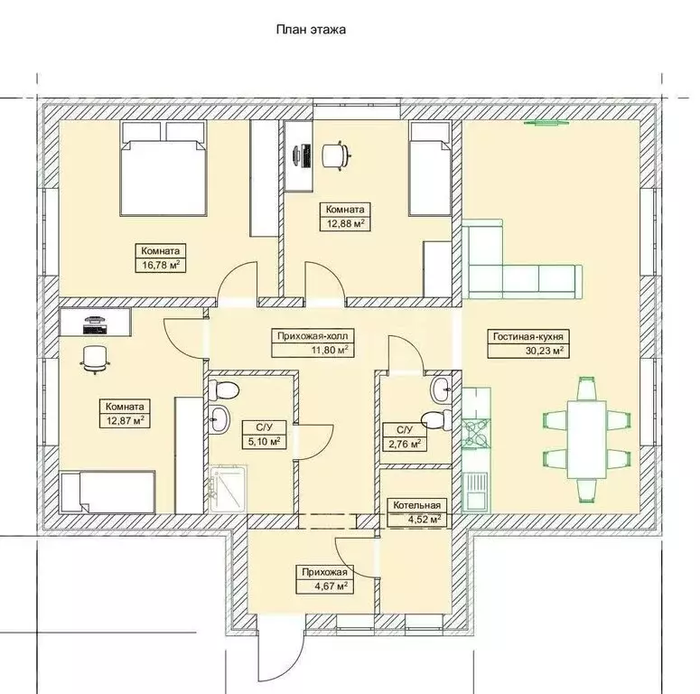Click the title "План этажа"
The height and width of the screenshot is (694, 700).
311,30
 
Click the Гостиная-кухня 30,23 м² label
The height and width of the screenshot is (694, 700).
528,343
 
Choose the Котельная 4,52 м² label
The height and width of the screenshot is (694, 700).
416,512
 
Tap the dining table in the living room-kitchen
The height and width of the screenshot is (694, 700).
586,439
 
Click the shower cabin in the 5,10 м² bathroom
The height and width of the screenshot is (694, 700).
229,488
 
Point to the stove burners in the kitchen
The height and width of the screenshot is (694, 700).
476,432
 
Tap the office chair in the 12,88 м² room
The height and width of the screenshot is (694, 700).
334,155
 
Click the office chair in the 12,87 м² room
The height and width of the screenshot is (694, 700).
95,359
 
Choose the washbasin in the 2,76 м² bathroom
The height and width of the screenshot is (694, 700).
441,389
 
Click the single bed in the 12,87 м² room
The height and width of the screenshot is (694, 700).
108,492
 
